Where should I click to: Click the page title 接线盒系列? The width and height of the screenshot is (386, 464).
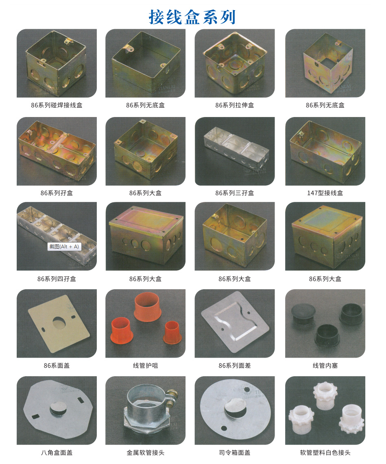192,17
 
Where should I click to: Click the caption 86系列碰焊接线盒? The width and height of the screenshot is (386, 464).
57,105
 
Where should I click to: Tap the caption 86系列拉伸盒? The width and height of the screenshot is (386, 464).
235,105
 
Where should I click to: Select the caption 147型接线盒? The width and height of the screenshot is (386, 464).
325,193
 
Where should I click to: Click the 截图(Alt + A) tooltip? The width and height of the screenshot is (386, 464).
64,247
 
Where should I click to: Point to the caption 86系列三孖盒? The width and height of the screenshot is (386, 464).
235,193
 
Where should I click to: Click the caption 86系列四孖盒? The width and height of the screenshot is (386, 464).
57,279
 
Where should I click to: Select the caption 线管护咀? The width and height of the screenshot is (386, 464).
146,365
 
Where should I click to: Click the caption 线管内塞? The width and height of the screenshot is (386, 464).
325,365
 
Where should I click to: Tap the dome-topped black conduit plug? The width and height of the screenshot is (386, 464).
303,314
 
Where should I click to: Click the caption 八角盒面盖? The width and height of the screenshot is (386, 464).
57,453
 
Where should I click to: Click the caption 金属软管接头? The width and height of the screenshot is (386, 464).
146,453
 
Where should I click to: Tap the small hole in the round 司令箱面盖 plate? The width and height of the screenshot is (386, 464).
224,428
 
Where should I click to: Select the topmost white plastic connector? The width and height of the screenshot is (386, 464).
325,395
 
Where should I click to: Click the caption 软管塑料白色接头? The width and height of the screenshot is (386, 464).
325,453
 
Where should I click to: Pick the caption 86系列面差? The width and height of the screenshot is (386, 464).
235,365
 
